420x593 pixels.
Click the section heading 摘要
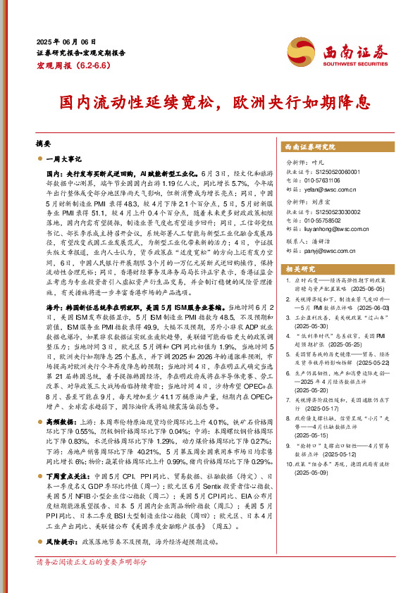click(x=43, y=141)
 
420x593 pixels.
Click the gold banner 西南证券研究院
click(x=310, y=146)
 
